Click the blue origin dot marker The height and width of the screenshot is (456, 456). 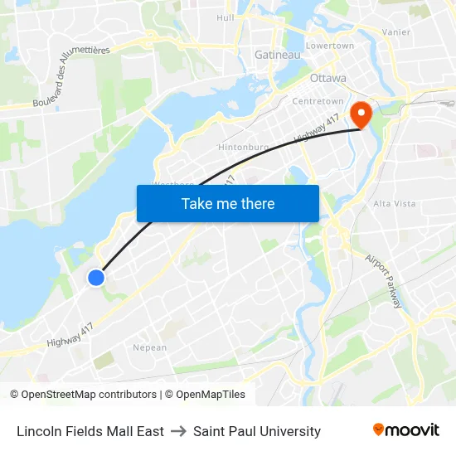click(x=96, y=278)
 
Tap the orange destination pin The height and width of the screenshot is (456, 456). click(x=362, y=114)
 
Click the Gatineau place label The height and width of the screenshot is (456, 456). click(x=278, y=55)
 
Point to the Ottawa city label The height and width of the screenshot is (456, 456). click(x=327, y=79)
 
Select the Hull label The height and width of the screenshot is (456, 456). click(x=225, y=17)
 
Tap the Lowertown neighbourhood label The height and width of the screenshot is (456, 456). click(x=330, y=46)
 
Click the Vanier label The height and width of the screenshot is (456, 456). click(x=396, y=32)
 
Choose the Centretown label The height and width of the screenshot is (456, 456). click(x=318, y=101)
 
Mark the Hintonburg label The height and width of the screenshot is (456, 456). click(x=243, y=147)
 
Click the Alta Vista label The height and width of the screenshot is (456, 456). click(x=395, y=203)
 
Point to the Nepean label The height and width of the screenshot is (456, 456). click(x=150, y=347)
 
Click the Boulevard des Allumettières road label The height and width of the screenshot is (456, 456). click(x=71, y=76)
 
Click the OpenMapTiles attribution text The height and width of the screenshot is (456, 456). click(x=208, y=395)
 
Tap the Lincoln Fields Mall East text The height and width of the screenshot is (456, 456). click(x=90, y=431)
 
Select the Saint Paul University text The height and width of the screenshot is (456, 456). click(x=257, y=431)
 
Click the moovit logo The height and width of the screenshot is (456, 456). click(x=406, y=430)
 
